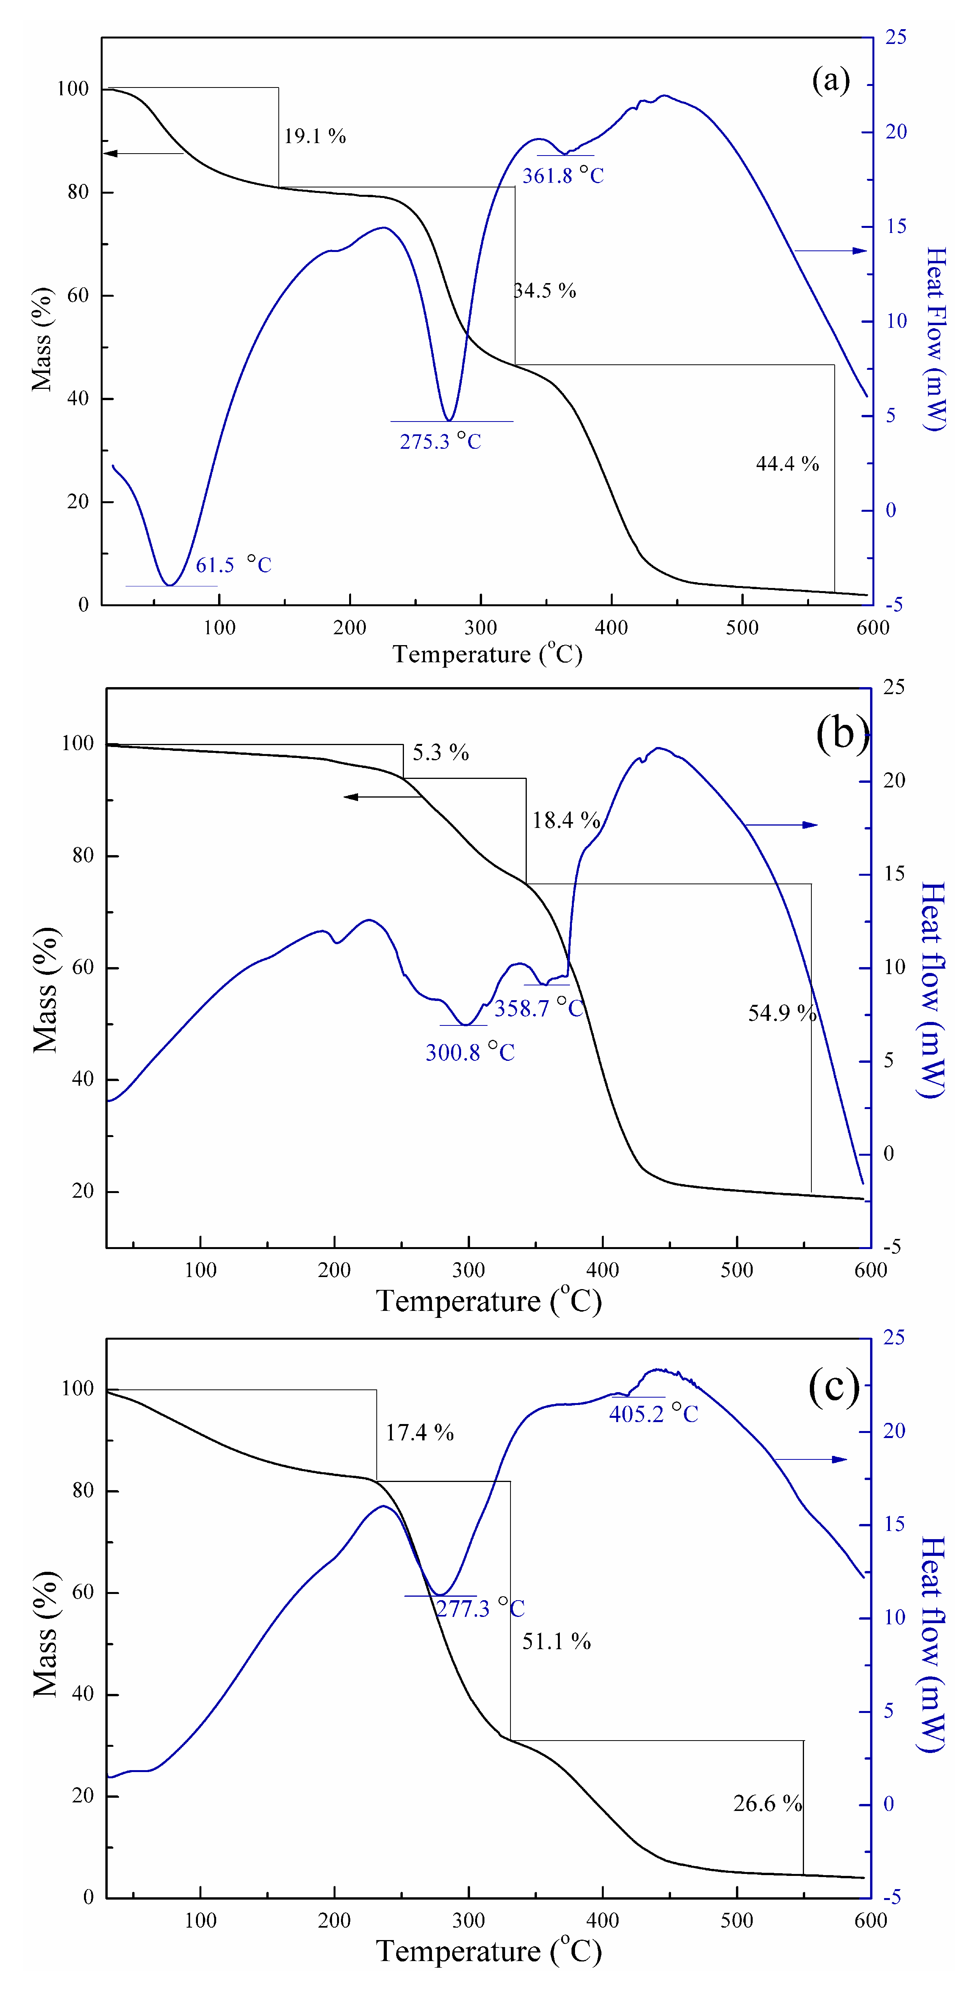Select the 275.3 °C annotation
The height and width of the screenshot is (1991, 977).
[440, 441]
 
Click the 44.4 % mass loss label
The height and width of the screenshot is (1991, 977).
[787, 464]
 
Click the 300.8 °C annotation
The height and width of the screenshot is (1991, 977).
[469, 1052]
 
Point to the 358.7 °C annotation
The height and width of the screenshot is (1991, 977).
[539, 1008]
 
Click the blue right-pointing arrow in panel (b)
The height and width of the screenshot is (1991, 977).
[781, 825]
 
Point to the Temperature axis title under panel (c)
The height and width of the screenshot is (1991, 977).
[488, 1951]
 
